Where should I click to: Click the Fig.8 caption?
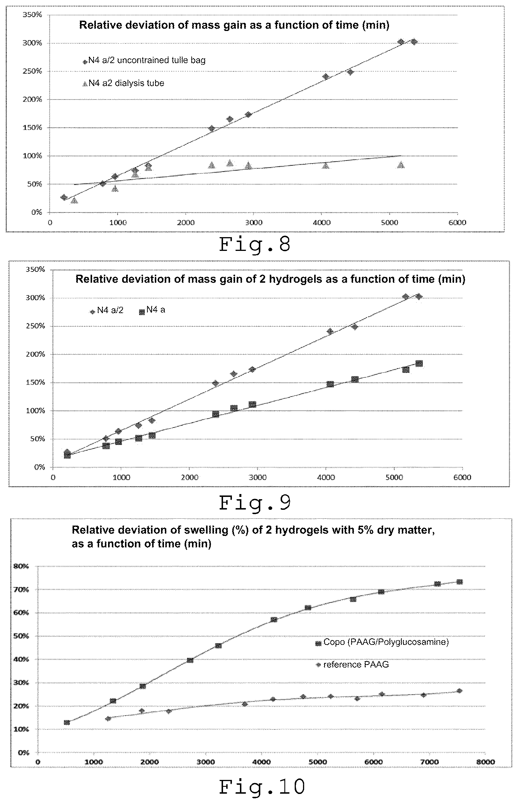[x=255, y=245]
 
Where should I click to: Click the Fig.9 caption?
[x=255, y=503]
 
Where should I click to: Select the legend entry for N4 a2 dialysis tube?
[x=124, y=83]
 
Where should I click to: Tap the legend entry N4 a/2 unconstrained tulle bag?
[x=144, y=60]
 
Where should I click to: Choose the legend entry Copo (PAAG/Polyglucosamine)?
[x=382, y=642]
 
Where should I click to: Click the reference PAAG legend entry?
[x=352, y=665]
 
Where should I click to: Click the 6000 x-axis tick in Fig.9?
[x=462, y=477]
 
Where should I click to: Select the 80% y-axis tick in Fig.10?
[x=21, y=566]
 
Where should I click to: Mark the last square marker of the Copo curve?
[x=460, y=582]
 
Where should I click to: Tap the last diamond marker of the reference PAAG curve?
[x=460, y=691]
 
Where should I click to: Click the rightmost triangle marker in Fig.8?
[x=400, y=165]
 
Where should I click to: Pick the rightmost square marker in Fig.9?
[x=419, y=363]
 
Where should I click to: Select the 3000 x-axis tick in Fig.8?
[x=254, y=222]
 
